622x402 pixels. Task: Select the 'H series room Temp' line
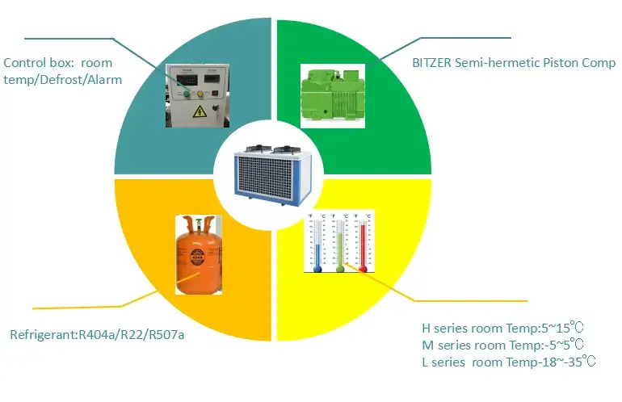tap(501, 329)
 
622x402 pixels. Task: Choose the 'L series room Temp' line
tap(509, 361)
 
